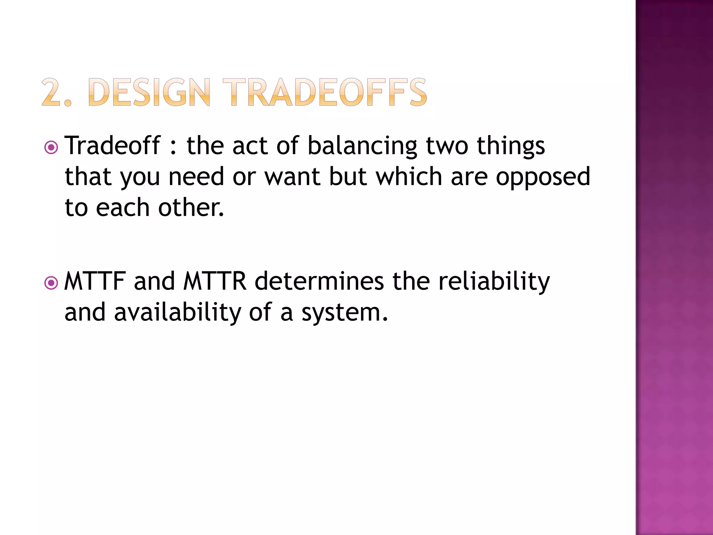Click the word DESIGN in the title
point(150,92)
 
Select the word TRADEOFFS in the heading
point(324,92)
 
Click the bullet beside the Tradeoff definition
point(51,148)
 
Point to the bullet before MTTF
point(51,283)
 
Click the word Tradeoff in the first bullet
point(112,146)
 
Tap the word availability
point(177,313)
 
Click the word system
point(344,313)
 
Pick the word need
point(196,177)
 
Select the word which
point(409,177)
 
